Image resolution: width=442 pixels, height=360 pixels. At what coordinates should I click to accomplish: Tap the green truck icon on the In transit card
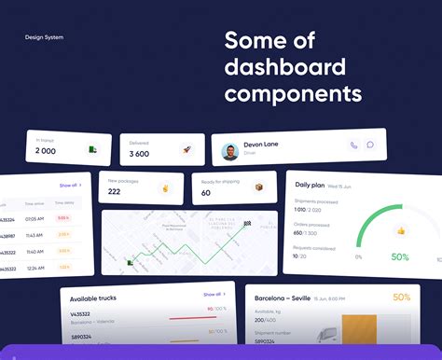tap(93, 149)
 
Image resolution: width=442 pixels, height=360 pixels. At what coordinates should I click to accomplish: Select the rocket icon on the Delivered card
tap(186, 149)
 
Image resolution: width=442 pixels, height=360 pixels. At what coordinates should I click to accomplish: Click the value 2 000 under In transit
tap(46, 151)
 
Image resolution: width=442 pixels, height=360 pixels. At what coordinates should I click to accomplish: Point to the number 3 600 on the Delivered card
tap(139, 154)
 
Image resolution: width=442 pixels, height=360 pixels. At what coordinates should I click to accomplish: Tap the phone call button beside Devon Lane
tap(353, 145)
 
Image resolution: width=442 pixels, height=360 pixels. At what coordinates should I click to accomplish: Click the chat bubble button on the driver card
tap(370, 145)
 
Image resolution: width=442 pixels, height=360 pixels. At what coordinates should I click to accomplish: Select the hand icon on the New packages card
tap(167, 187)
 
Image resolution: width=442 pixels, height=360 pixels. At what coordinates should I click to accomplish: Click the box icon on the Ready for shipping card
tap(258, 187)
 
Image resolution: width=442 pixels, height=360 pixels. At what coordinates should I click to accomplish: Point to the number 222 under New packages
tap(114, 192)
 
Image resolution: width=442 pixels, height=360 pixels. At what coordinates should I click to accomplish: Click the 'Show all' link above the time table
tap(70, 186)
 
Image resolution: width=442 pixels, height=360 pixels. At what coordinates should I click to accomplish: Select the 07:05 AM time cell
tap(35, 219)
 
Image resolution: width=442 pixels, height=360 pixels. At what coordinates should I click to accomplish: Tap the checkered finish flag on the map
tap(247, 224)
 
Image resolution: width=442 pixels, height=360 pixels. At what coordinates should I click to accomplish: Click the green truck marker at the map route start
tap(118, 262)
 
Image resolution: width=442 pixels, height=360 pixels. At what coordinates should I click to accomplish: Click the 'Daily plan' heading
tap(311, 185)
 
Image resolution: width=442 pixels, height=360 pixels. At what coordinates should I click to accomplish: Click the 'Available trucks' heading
tap(94, 298)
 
